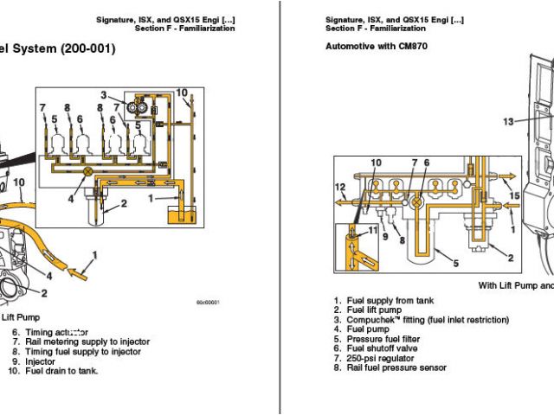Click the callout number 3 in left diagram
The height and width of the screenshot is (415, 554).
(x=103, y=94)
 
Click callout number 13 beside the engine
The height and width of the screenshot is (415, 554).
(x=509, y=122)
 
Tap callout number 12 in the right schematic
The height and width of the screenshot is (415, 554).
(x=341, y=187)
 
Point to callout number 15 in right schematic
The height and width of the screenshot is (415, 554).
(x=514, y=196)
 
